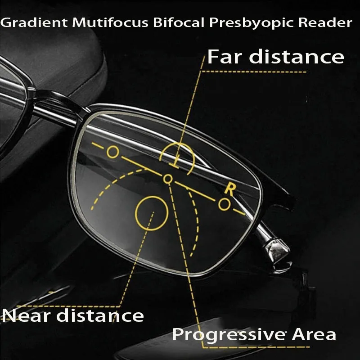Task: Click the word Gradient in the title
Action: (x=34, y=23)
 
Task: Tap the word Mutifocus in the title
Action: (x=110, y=22)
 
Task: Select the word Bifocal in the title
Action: (x=179, y=22)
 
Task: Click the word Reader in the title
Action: (x=325, y=22)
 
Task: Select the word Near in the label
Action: (x=27, y=316)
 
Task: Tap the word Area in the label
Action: (x=314, y=334)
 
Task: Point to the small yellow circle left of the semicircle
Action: (x=113, y=152)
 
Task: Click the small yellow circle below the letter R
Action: (x=224, y=204)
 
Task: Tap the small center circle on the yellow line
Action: (x=168, y=179)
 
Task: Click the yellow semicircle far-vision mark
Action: (x=177, y=144)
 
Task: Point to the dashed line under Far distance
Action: (x=254, y=72)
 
